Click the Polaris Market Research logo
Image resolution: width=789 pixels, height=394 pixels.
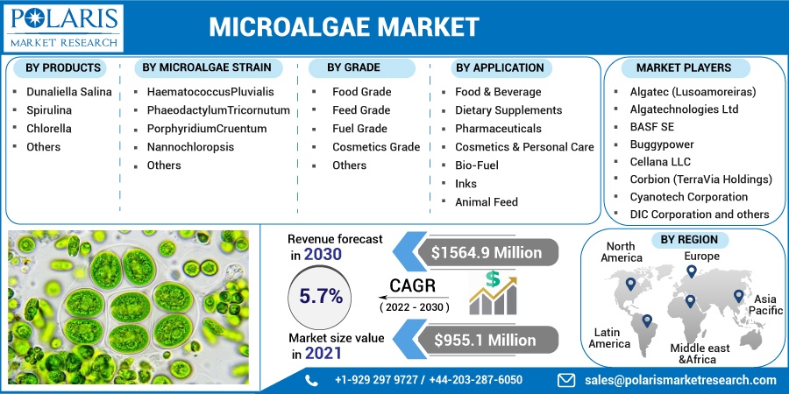(63, 28)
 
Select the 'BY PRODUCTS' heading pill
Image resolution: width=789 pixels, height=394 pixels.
(63, 67)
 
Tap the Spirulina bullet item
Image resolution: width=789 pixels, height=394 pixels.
(49, 110)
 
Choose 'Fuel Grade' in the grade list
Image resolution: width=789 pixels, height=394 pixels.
(359, 129)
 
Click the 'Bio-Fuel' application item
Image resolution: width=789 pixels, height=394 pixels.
(477, 165)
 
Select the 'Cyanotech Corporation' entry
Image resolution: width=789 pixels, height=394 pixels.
(689, 196)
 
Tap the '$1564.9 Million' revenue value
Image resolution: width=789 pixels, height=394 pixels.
(487, 252)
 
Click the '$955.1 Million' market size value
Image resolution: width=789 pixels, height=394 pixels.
(485, 340)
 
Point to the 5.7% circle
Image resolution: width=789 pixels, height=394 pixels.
(321, 297)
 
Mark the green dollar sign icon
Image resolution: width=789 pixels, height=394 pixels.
(492, 279)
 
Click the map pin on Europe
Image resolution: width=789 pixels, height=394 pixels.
(692, 271)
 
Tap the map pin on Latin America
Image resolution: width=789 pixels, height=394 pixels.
(647, 320)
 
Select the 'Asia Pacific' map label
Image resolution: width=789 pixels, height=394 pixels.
(764, 305)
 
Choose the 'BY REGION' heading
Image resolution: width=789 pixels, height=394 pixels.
(689, 240)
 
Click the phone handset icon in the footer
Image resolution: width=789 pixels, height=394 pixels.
(311, 380)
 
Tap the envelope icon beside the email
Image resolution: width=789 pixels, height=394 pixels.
(567, 380)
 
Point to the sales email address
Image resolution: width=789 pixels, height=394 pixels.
(680, 380)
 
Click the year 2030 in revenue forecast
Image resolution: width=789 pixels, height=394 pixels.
(323, 255)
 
